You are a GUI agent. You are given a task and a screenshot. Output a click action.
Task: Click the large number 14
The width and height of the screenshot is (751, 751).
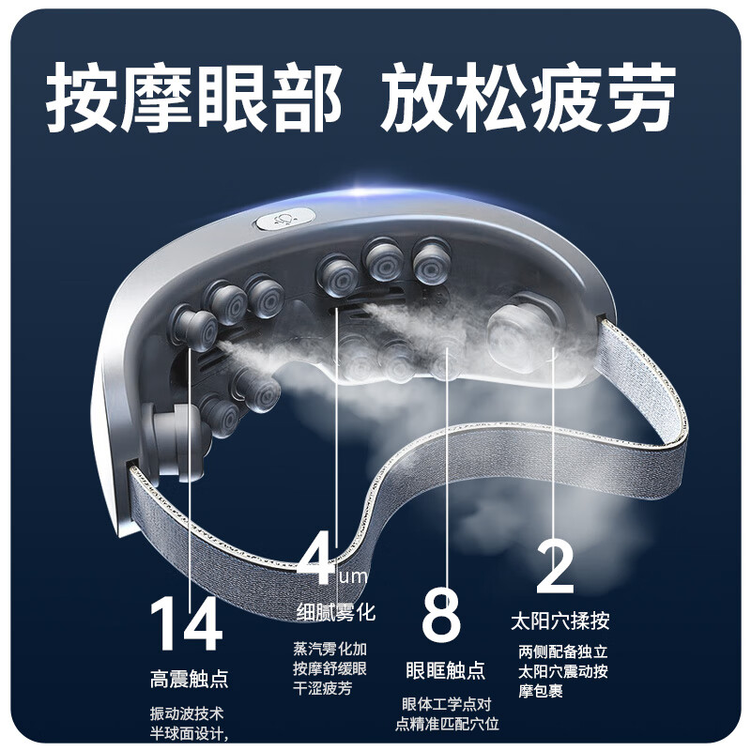coord(187,624)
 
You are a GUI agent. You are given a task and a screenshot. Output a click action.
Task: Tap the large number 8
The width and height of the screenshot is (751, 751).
coord(441,615)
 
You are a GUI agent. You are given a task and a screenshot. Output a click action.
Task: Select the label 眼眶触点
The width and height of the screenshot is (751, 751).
coord(445,670)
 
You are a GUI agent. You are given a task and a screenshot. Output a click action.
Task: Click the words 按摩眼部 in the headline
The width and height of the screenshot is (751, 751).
coord(192,97)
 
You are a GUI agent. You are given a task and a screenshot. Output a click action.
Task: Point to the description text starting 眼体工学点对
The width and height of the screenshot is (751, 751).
coord(446,713)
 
